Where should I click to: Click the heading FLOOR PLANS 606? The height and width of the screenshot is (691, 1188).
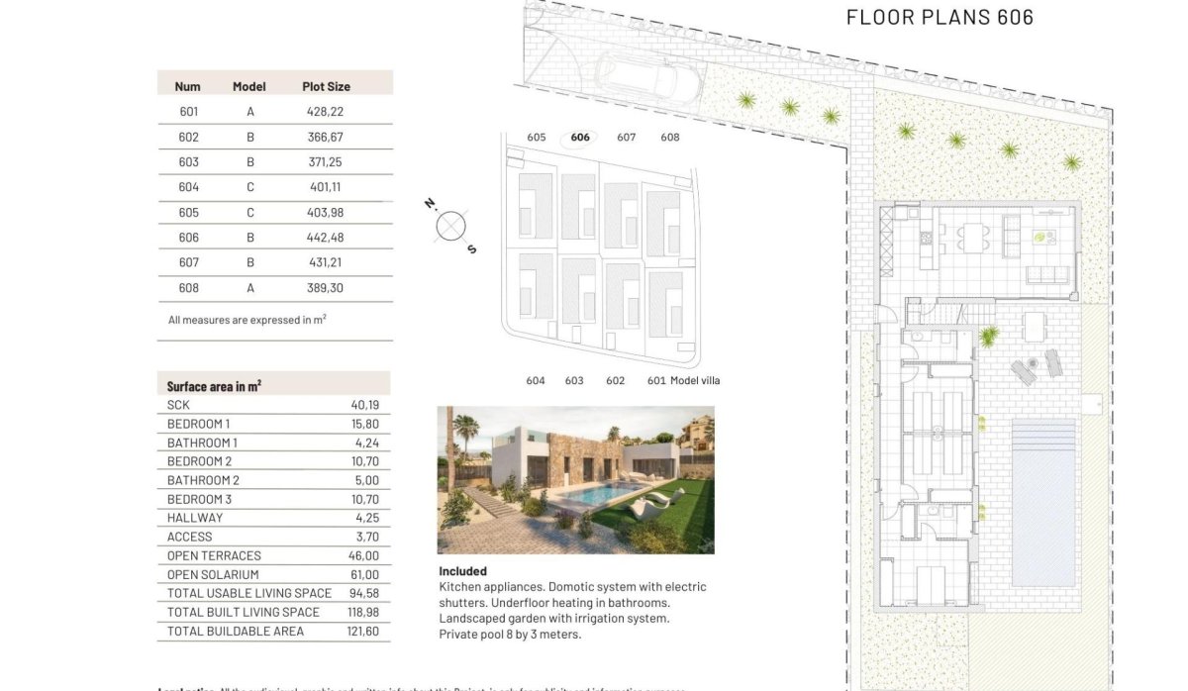tap(940, 17)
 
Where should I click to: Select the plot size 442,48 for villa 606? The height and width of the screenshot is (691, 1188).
tap(325, 238)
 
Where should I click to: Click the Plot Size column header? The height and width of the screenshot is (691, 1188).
tap(326, 86)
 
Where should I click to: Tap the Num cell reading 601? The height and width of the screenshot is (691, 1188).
tap(188, 112)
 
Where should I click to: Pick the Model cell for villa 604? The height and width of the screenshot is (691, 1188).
tap(250, 187)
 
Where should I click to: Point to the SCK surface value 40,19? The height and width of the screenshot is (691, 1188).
tap(364, 405)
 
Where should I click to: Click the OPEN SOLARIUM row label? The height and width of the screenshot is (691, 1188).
tap(213, 574)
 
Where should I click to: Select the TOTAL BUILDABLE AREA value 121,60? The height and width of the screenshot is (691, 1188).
tap(364, 631)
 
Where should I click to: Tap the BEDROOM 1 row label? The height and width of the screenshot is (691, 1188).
tap(198, 424)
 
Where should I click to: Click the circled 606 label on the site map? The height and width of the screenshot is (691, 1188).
tap(580, 138)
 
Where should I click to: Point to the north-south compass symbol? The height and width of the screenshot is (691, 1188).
tap(450, 227)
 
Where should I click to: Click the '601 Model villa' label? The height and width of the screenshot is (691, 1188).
tap(683, 380)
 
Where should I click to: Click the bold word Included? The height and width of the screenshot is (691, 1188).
tap(462, 571)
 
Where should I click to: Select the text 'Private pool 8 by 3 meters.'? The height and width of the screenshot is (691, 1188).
tap(510, 634)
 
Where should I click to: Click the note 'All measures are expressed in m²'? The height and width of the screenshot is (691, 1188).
tap(247, 320)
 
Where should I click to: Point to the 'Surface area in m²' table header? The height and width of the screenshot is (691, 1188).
tap(214, 386)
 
